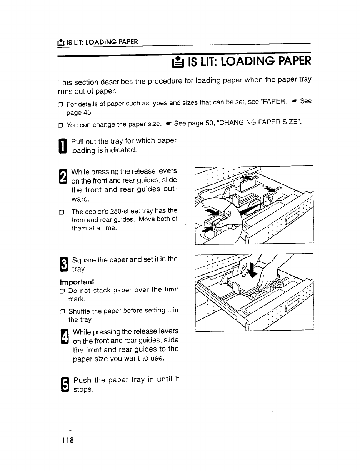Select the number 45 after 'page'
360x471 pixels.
click(87, 113)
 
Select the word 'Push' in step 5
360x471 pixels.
click(82, 380)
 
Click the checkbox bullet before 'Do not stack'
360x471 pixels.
click(65, 290)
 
